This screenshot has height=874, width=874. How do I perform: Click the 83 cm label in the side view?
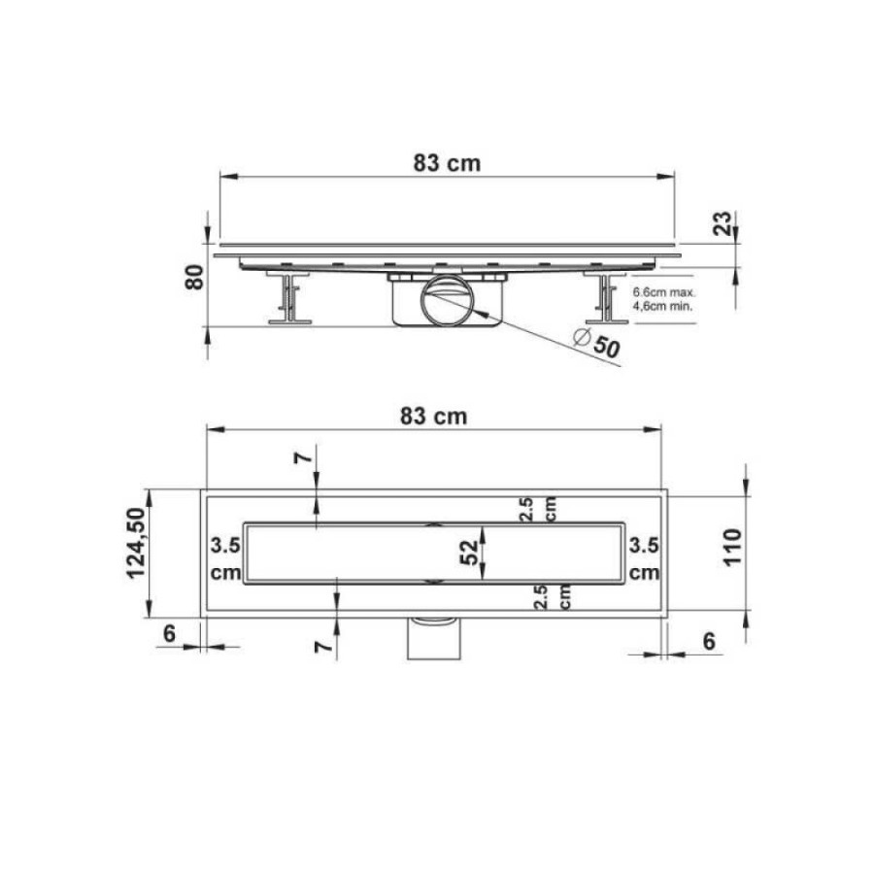[447, 163]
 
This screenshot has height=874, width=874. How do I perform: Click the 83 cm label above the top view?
[433, 417]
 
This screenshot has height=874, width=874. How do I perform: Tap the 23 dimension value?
[723, 223]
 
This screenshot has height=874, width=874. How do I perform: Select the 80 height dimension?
[194, 277]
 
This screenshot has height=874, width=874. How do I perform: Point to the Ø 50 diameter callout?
[597, 344]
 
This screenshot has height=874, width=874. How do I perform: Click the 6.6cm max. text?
[664, 292]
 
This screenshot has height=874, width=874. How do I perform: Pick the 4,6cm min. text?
[662, 306]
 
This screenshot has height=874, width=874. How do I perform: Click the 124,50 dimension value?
[137, 543]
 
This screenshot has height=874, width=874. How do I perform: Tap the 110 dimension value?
[732, 548]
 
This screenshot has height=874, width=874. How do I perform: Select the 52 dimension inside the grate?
[469, 553]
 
